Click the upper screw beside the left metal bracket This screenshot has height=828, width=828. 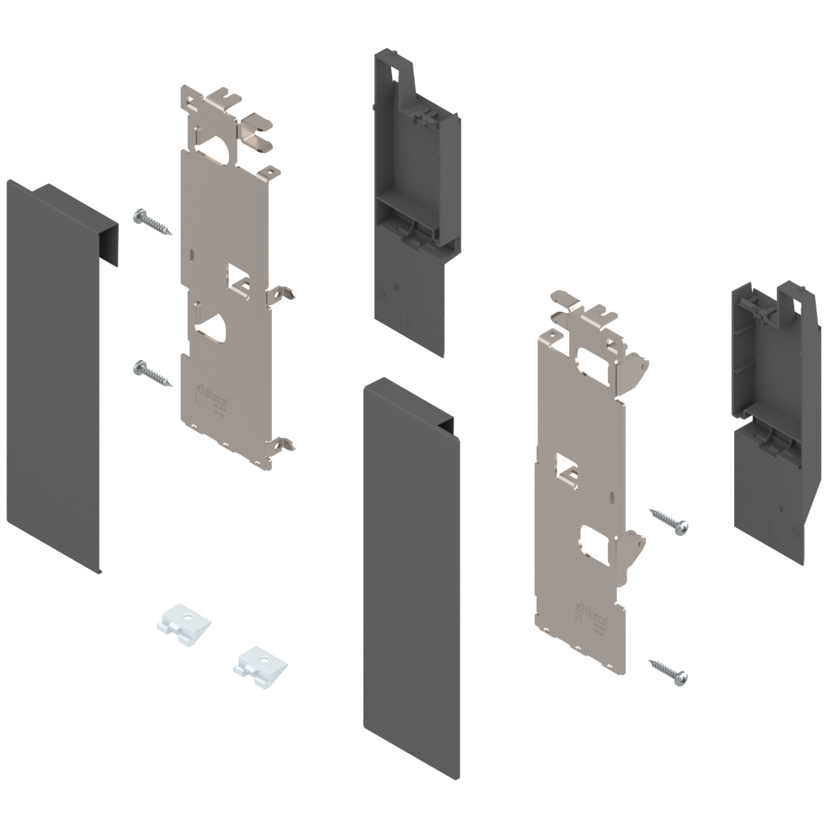tap(152, 221)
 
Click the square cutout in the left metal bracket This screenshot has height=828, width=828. tap(239, 276)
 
